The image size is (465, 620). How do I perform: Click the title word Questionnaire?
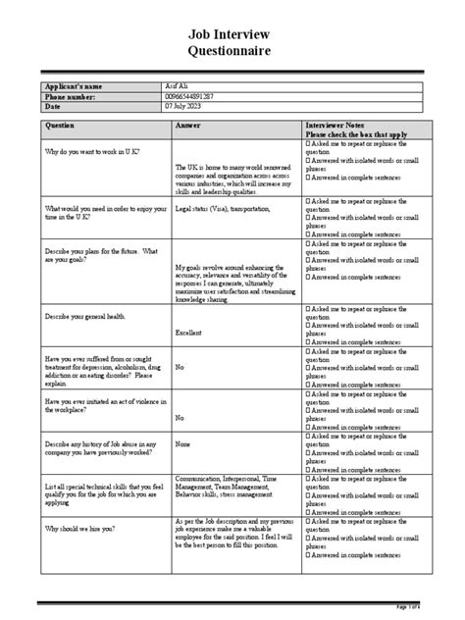232,50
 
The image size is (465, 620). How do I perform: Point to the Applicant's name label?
75,87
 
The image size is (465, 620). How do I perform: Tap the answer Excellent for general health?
189,334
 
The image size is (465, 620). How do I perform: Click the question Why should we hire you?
82,528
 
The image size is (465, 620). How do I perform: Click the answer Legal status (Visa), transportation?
224,209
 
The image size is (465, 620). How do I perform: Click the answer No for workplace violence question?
180,417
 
